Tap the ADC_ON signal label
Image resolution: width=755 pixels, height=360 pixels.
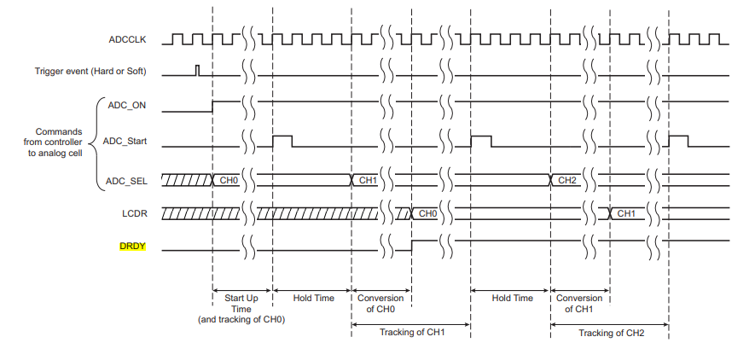[x=126, y=106]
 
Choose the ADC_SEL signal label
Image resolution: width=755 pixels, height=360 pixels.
[x=126, y=179]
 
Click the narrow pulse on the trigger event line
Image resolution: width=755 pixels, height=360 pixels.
[x=198, y=70]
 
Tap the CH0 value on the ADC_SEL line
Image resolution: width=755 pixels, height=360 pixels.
[x=229, y=181]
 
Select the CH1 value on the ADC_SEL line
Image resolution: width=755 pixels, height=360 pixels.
[x=368, y=181]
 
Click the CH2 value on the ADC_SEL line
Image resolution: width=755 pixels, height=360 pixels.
[x=567, y=181]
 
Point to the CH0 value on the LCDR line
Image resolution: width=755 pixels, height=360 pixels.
[x=427, y=213]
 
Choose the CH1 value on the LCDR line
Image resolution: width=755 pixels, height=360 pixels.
[x=626, y=213]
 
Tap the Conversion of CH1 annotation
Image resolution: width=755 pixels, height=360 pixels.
[x=579, y=303]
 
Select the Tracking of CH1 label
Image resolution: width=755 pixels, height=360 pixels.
[x=412, y=333]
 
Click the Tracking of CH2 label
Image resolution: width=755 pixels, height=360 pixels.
[x=611, y=333]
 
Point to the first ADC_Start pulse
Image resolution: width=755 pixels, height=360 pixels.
[x=282, y=139]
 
